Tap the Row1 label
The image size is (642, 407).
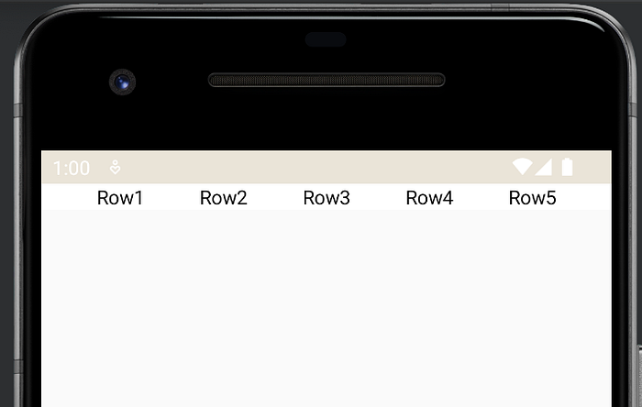[x=120, y=198]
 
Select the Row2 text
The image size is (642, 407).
[x=224, y=198]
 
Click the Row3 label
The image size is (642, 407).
[x=327, y=198]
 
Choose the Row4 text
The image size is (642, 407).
[x=429, y=198]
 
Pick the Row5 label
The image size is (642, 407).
[x=533, y=198]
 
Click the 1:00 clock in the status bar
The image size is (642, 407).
[x=72, y=168]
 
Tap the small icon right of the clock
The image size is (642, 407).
[x=116, y=168]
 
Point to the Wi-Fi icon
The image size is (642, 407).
[x=522, y=167]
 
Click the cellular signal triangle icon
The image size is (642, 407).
[x=543, y=167]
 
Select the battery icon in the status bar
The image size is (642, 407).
[x=567, y=167]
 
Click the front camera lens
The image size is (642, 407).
[x=122, y=83]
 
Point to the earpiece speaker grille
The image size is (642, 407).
[x=327, y=81]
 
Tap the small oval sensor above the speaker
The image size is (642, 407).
[x=326, y=39]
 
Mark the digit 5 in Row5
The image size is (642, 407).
[x=550, y=198]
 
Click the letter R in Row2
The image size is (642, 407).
[x=206, y=198]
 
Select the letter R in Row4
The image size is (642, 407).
[x=413, y=198]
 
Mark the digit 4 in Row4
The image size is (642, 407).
[x=448, y=198]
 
